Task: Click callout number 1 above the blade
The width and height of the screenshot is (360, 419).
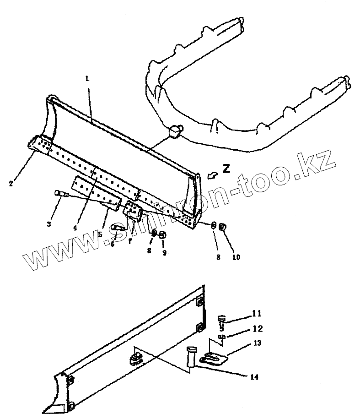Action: (87, 79)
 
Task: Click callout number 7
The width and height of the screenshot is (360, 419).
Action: (130, 241)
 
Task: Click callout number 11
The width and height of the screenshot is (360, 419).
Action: (256, 314)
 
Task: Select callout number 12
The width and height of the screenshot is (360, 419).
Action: (257, 328)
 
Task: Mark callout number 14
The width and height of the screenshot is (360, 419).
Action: (254, 377)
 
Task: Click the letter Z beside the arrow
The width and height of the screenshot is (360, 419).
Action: (226, 168)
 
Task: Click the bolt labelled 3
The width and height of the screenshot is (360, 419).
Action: (59, 194)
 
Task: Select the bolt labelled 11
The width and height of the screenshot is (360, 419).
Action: (222, 319)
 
